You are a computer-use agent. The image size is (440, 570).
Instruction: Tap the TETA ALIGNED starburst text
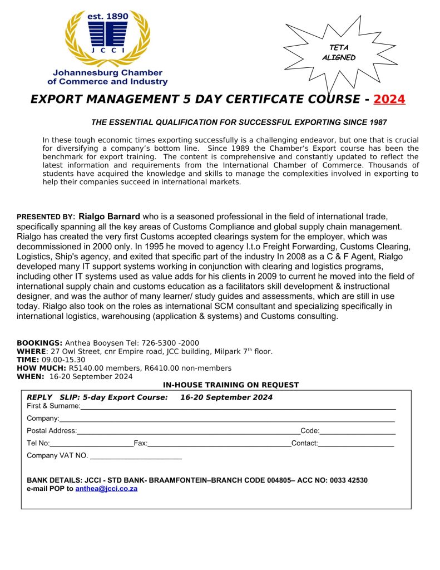coord(338,53)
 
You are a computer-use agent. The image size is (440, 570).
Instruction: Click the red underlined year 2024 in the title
coord(389,100)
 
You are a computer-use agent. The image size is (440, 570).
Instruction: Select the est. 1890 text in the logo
coord(107,16)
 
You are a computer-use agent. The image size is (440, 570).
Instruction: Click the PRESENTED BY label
coord(46,217)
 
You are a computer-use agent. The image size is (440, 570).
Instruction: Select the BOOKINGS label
coord(39,343)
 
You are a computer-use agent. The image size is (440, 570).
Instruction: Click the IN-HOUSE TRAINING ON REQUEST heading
coord(231,385)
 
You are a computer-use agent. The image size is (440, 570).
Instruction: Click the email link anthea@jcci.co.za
coord(106,489)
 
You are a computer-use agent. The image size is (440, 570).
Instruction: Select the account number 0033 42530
coord(345,480)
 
